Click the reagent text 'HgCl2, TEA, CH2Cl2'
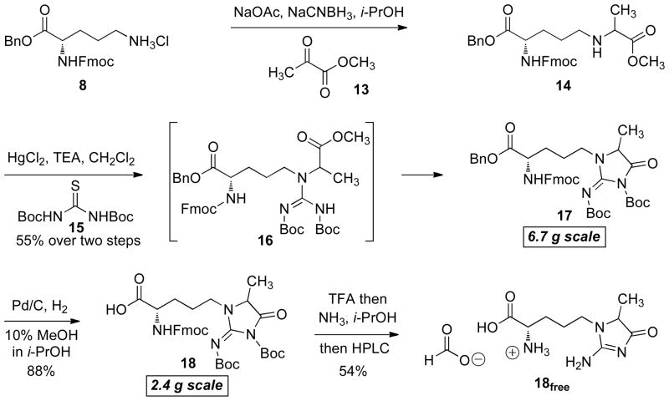pyautogui.click(x=59, y=157)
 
